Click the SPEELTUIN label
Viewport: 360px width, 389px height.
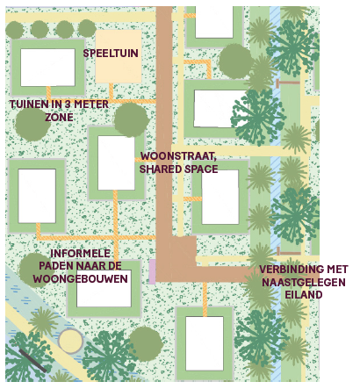[x=111, y=54]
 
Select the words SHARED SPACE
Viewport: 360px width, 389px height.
[x=178, y=169]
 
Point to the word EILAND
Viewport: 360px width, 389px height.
[x=304, y=295]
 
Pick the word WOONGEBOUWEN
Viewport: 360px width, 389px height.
[x=81, y=278]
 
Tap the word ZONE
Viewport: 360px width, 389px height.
[x=59, y=118]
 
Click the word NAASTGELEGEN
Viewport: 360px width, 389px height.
[x=304, y=282]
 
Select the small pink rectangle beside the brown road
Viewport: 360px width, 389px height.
[x=152, y=271]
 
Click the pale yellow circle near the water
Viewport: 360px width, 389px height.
[x=70, y=341]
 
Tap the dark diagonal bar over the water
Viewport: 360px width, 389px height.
[x=32, y=361]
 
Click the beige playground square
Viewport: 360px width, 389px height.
[x=119, y=56]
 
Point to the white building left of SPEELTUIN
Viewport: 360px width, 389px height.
[x=47, y=68]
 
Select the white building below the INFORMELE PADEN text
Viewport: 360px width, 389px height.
[x=104, y=289]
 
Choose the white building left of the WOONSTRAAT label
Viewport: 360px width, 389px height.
[x=116, y=163]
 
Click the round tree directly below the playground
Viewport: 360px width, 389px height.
[x=131, y=119]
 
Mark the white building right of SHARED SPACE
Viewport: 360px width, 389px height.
[x=220, y=197]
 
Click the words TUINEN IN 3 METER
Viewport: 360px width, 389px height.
[x=59, y=104]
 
